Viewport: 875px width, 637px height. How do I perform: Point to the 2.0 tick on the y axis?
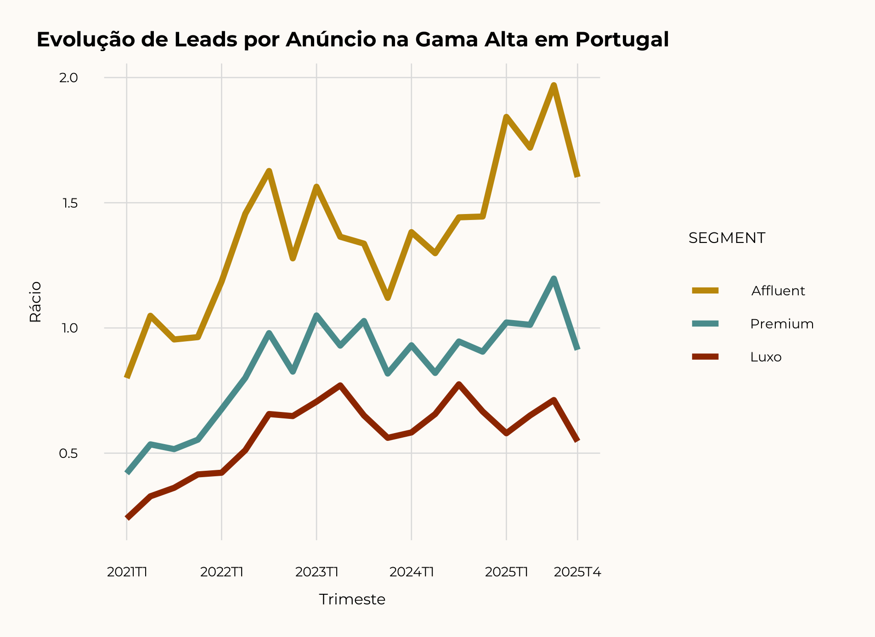pos(68,78)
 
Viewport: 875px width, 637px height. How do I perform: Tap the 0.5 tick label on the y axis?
pos(68,453)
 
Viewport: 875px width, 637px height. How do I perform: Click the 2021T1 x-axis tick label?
pos(127,572)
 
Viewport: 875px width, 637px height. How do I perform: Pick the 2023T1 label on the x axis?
pos(316,572)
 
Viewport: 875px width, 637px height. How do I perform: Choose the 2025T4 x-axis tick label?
pos(577,572)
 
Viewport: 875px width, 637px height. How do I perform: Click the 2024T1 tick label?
pos(412,572)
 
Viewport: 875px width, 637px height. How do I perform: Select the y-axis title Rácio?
pos(35,302)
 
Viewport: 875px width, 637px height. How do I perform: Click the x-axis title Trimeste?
pos(352,599)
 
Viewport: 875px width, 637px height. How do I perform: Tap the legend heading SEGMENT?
pos(727,238)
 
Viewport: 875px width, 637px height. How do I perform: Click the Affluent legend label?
pos(778,291)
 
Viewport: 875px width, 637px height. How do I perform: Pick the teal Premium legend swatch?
pos(705,324)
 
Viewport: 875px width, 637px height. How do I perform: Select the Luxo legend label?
pos(766,357)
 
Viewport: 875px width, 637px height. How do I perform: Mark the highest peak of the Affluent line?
pos(554,85)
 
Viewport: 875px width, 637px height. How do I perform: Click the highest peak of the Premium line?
pos(554,278)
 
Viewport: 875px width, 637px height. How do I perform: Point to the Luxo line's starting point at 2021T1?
pos(127,518)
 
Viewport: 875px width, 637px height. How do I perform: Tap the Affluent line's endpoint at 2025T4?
pos(577,176)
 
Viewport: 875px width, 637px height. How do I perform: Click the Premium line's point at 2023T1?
pos(316,315)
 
